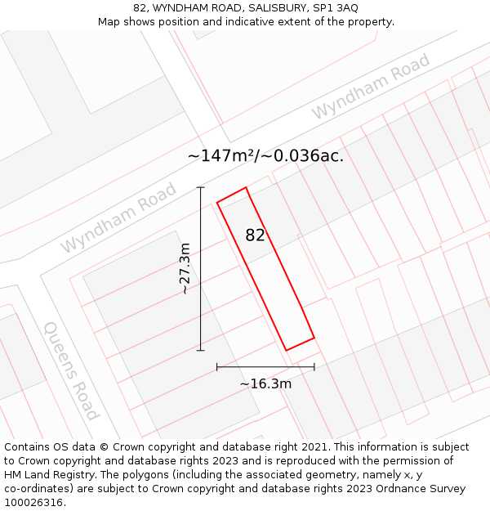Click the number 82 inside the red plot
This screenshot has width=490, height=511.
click(x=256, y=235)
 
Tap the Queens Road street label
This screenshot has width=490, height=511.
click(x=71, y=370)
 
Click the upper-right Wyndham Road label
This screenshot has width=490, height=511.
click(x=370, y=87)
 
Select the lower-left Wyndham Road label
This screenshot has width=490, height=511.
click(x=118, y=217)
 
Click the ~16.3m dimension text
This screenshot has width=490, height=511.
click(x=265, y=383)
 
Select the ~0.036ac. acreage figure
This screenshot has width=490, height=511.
click(x=304, y=155)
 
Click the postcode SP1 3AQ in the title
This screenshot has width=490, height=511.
click(x=336, y=7)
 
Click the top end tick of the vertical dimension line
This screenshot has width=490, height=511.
click(x=200, y=188)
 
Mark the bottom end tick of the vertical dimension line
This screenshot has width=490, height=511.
click(x=200, y=350)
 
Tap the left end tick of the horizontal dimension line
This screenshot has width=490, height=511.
click(x=216, y=367)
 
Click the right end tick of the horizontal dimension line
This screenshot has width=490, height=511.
click(x=314, y=367)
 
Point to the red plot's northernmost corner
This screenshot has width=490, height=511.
click(x=246, y=187)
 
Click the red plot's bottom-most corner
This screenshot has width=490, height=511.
click(x=286, y=351)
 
